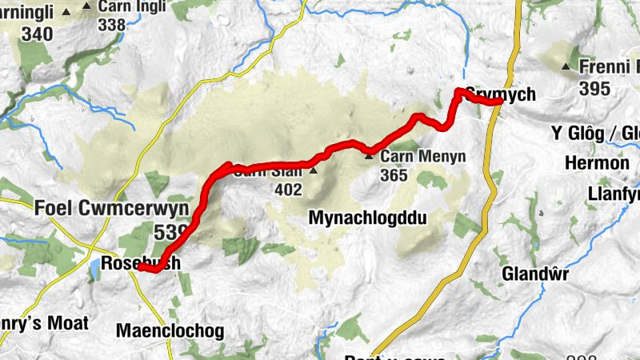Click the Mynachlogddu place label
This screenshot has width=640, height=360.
point(366,218)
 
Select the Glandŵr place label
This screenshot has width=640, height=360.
point(535,274)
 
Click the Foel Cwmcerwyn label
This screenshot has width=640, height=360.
point(111,208)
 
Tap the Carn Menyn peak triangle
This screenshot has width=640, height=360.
point(369,155)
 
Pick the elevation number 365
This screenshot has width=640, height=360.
point(394,174)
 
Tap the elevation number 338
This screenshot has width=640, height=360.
point(112,24)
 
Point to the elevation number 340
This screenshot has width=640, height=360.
point(38,34)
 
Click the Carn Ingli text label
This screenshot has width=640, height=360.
point(132,7)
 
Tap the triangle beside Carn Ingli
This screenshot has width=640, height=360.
point(87,8)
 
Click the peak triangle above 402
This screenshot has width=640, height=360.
point(313,170)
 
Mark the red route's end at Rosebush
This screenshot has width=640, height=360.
point(140,269)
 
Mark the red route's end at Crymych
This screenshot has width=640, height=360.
point(499,102)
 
